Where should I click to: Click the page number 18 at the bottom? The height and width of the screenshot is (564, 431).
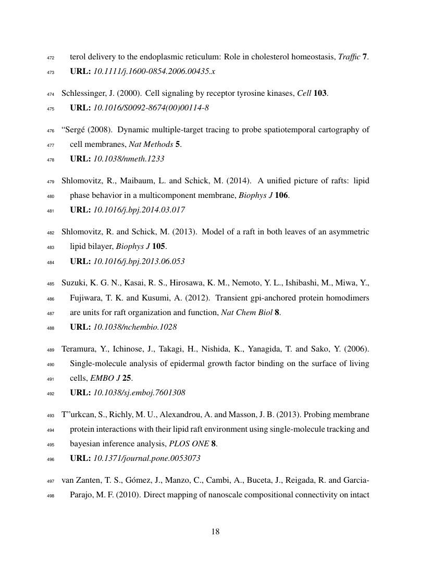pyautogui.click(x=215, y=532)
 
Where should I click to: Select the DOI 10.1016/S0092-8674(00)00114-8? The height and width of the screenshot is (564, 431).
pyautogui.click(x=152, y=108)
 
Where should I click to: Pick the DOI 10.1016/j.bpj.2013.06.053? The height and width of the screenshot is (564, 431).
pyautogui.click(x=139, y=261)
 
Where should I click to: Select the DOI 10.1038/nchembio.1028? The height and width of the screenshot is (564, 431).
pyautogui.click(x=135, y=326)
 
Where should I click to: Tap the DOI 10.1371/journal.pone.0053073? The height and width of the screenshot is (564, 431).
pyautogui.click(x=146, y=457)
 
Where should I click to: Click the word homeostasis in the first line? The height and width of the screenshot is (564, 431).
pyautogui.click(x=306, y=57)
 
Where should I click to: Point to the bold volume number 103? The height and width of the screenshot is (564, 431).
pyautogui.click(x=319, y=94)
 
